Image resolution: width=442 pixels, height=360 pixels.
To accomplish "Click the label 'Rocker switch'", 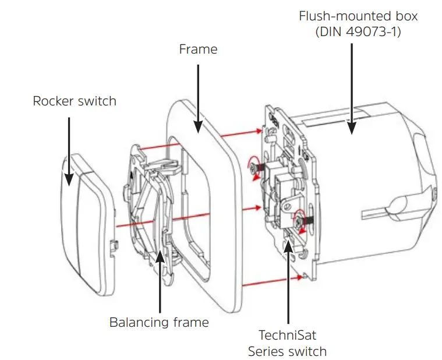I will (75, 101).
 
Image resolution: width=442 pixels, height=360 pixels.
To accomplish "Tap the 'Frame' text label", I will (198, 50).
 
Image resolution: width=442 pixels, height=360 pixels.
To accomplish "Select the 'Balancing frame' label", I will (159, 322).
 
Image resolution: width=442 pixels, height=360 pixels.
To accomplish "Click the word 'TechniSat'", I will (287, 335).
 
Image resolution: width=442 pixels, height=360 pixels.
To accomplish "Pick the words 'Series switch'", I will (287, 351).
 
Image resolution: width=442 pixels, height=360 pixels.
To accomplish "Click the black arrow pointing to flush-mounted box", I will (351, 87).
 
